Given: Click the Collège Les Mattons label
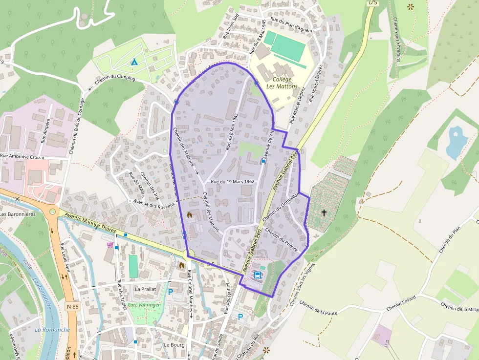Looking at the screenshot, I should [x=282, y=83].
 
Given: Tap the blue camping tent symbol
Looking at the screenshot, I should [x=134, y=62].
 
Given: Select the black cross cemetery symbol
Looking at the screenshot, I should [x=324, y=212].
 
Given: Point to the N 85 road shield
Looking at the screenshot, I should [x=72, y=306].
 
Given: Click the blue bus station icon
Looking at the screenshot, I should [x=258, y=275].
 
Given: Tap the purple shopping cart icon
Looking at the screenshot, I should [x=110, y=244].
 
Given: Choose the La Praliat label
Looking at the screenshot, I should [x=145, y=289].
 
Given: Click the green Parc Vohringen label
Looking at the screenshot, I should [x=144, y=305].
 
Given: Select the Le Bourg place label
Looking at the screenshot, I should [x=174, y=344].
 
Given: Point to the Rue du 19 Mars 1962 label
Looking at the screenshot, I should [x=233, y=181].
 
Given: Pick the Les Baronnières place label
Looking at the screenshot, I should [x=18, y=214].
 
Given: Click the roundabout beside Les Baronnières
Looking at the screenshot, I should [x=52, y=212].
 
